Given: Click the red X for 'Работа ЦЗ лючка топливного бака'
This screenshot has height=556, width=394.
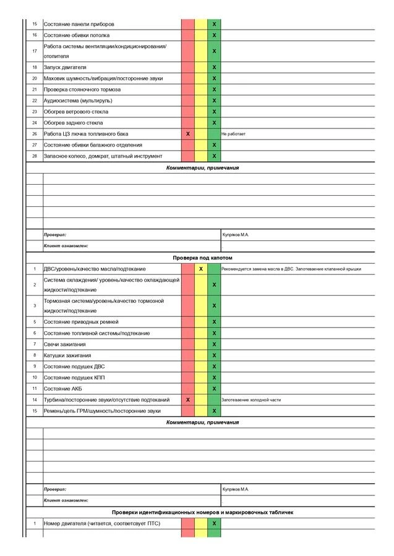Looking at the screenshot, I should coord(188,134).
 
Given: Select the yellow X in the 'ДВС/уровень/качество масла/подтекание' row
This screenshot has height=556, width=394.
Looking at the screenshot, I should coord(201,269).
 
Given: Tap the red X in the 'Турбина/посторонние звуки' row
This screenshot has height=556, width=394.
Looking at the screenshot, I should coord(188,400).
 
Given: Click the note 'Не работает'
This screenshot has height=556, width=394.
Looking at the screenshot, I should coord(234,134).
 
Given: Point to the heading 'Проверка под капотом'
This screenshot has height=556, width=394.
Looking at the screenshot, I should coord(202,257).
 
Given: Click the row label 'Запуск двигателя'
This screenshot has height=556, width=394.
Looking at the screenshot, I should coord(65,67).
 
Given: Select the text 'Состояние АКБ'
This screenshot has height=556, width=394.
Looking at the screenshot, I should coord(62,389).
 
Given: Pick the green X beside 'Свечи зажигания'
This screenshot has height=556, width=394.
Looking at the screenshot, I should coord(214,344).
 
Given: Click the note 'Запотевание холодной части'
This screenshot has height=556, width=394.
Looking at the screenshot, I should coord(251,400).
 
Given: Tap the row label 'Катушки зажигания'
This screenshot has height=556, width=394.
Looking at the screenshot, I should coord(67,355).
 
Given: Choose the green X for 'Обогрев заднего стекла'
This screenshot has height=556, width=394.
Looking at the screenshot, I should coord(214,123).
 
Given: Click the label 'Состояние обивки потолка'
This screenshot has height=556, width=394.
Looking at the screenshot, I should coord(76,35).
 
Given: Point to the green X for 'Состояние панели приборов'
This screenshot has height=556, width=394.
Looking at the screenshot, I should coord(214,24).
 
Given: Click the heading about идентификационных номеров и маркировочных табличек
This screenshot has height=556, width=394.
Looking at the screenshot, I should coord(202,512).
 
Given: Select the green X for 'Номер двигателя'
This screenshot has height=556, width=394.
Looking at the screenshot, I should coord(214,523).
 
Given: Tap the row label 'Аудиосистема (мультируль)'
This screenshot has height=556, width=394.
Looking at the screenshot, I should coord(78,101).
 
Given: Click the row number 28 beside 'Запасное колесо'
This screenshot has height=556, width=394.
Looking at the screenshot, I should coord(35,156).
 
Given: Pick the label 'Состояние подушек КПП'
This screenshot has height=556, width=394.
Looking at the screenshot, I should coord(70,377).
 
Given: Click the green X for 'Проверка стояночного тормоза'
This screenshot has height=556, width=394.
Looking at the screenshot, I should coord(214,90).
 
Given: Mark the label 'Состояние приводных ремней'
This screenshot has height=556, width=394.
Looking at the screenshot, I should coord(81,322).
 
